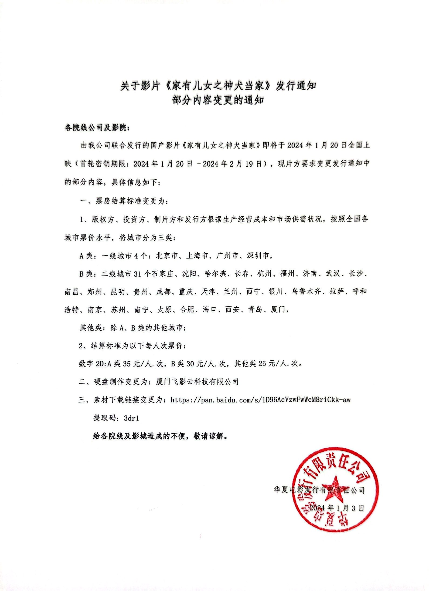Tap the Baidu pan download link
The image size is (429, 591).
click(x=260, y=400)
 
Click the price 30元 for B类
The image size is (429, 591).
click(x=195, y=364)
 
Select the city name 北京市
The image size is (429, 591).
click(x=167, y=256)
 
